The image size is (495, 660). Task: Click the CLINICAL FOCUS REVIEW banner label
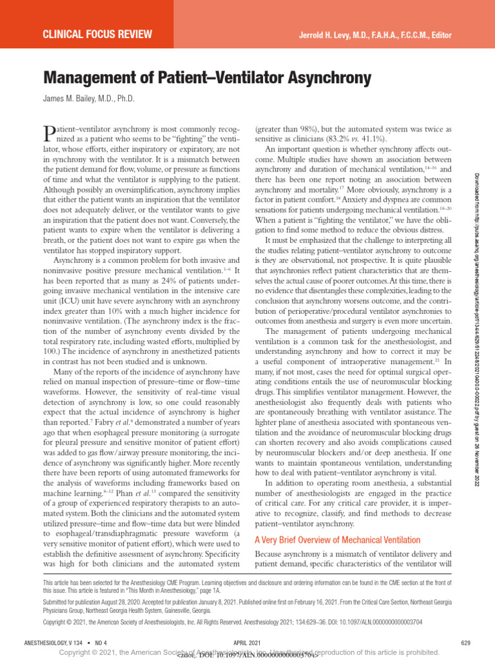pos(97,34)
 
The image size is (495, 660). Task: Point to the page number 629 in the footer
pos(466,643)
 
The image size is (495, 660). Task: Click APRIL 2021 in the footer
pos(247,643)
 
